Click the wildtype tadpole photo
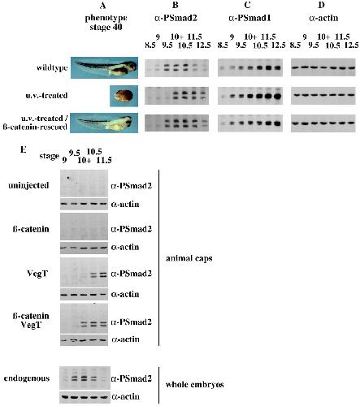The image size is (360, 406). point(104,67)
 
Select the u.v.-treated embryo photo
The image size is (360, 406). point(124,96)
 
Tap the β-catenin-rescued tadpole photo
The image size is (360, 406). point(104,123)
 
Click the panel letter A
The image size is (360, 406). point(102,5)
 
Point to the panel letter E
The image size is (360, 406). point(24,149)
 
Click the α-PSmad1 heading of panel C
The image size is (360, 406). point(249,18)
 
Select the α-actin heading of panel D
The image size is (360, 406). point(323,18)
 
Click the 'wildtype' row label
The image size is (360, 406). point(52,67)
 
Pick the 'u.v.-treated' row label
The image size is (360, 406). point(46,95)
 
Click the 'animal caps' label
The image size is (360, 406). point(189,258)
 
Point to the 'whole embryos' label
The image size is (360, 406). point(195,384)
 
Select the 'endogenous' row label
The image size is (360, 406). point(27,378)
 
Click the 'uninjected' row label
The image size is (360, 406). point(28,185)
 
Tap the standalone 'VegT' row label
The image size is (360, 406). point(37,274)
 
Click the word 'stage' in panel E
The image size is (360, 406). point(49,156)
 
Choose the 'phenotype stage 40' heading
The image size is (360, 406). point(106,23)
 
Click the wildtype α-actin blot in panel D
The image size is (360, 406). point(323,67)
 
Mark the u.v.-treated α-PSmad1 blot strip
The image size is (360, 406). point(250,96)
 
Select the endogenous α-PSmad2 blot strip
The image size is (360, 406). point(85,378)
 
